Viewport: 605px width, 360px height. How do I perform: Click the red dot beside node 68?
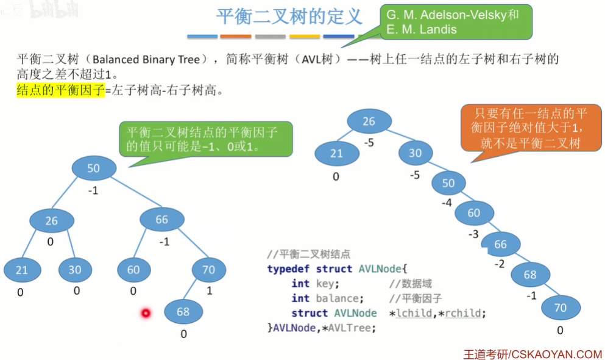click(x=146, y=314)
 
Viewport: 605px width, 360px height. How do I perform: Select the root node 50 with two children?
click(x=93, y=168)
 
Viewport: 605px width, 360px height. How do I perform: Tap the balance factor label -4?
click(x=447, y=203)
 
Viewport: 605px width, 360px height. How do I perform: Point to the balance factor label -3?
click(x=473, y=234)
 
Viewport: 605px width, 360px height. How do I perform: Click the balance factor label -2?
click(x=499, y=264)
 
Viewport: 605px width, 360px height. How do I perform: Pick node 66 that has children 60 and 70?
click(x=161, y=220)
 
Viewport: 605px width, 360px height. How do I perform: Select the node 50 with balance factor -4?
click(x=448, y=183)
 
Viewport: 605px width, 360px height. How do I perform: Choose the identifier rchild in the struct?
click(x=465, y=313)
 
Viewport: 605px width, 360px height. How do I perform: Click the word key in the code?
click(x=324, y=284)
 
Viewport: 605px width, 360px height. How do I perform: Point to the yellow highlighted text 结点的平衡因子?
click(x=61, y=91)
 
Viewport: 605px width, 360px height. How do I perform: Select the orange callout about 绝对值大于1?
click(x=525, y=129)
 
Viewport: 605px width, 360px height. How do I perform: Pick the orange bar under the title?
click(x=235, y=37)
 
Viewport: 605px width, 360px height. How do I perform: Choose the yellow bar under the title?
click(x=305, y=37)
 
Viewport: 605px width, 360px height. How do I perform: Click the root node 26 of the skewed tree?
click(x=369, y=121)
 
